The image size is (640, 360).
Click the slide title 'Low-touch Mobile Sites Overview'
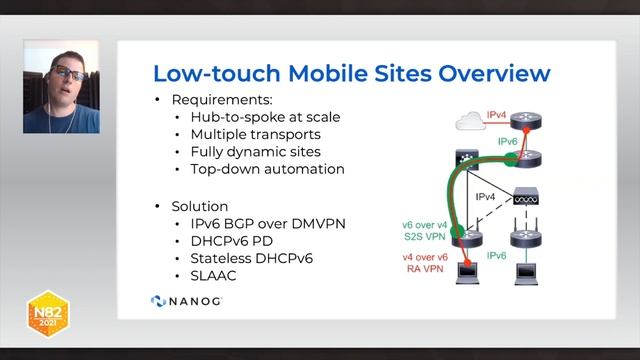point(351,73)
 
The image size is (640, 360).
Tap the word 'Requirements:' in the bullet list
point(219,100)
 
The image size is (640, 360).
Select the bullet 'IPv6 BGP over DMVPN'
point(259,223)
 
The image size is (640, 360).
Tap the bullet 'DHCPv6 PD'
point(222,240)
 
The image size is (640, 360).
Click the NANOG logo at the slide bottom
point(186,300)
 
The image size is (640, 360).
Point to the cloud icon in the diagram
point(468,123)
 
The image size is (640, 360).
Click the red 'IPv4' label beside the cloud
point(497,116)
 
